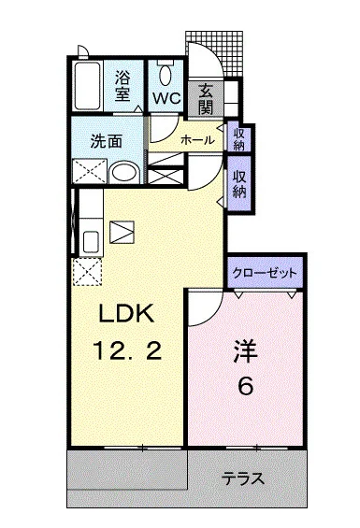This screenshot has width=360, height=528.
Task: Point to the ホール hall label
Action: click(196, 140)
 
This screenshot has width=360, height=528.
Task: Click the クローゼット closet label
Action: click(266, 273)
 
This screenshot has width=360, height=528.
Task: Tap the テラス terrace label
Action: click(242, 478)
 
